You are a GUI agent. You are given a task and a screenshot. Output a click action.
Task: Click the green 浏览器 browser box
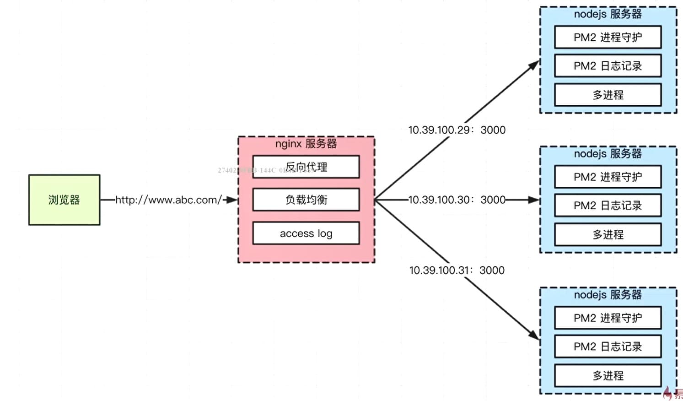tap(64, 200)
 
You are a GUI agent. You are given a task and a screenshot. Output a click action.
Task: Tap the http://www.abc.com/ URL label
tap(168, 200)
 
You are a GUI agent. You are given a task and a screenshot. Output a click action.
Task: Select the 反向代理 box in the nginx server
tap(306, 167)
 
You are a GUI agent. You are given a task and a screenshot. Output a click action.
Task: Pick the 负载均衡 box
tap(306, 200)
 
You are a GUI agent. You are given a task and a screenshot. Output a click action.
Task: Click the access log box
tap(306, 233)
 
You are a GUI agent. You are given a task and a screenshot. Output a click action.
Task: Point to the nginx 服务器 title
tap(306, 144)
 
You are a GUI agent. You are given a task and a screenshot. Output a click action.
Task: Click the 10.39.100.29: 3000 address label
tap(457, 130)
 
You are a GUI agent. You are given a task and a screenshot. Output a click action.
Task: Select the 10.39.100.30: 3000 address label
tap(457, 200)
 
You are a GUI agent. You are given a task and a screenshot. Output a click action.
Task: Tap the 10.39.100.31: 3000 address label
tap(457, 270)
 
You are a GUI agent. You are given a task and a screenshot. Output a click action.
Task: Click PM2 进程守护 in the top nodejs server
tap(608, 38)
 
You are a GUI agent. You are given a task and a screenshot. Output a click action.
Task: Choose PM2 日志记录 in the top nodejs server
tap(608, 66)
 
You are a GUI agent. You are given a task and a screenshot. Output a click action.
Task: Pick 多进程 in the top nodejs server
tap(608, 95)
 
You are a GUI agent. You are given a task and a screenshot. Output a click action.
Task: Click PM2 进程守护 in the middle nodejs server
tap(608, 177)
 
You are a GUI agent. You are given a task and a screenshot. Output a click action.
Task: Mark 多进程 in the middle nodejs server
tap(608, 234)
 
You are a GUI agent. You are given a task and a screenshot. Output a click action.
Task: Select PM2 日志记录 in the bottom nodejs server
tap(608, 347)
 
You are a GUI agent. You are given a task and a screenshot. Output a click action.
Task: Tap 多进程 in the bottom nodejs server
tap(608, 375)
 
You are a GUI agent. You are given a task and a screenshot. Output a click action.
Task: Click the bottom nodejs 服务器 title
tap(608, 294)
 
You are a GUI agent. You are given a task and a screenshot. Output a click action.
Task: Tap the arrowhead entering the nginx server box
tap(232, 200)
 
